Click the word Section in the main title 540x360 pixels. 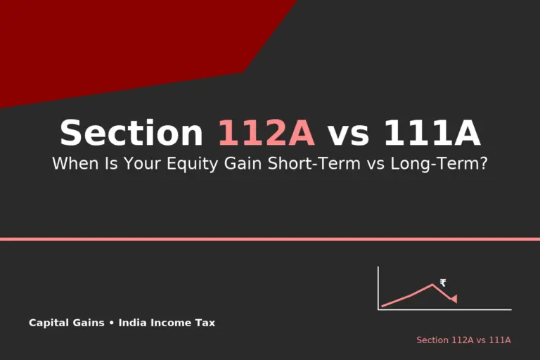coord(131,133)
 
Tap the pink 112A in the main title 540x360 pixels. coord(266,133)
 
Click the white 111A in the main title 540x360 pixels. coord(432,133)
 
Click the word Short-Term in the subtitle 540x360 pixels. coord(314,163)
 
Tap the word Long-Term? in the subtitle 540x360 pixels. coord(439,163)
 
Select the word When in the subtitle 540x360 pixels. coord(75,163)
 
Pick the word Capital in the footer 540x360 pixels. coord(46,323)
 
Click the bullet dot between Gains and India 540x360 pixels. coord(111,323)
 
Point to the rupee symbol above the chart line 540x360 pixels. coord(443,283)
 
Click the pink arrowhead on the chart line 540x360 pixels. coord(454,299)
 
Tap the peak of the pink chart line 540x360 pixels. coord(432,285)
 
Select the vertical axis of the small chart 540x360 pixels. coord(378,288)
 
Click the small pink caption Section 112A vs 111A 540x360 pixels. coord(463,340)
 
